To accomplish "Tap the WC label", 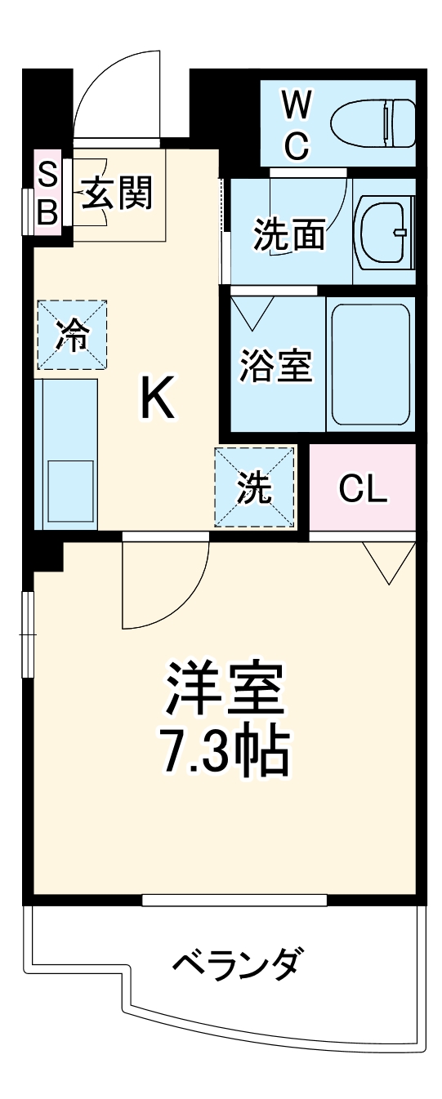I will point(296,125).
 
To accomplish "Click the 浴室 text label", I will point(276,364).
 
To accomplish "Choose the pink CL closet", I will point(363,488).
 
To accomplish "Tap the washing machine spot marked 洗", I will point(253,487).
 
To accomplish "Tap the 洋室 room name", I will point(225,688).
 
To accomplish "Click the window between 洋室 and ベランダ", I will point(234,900).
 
